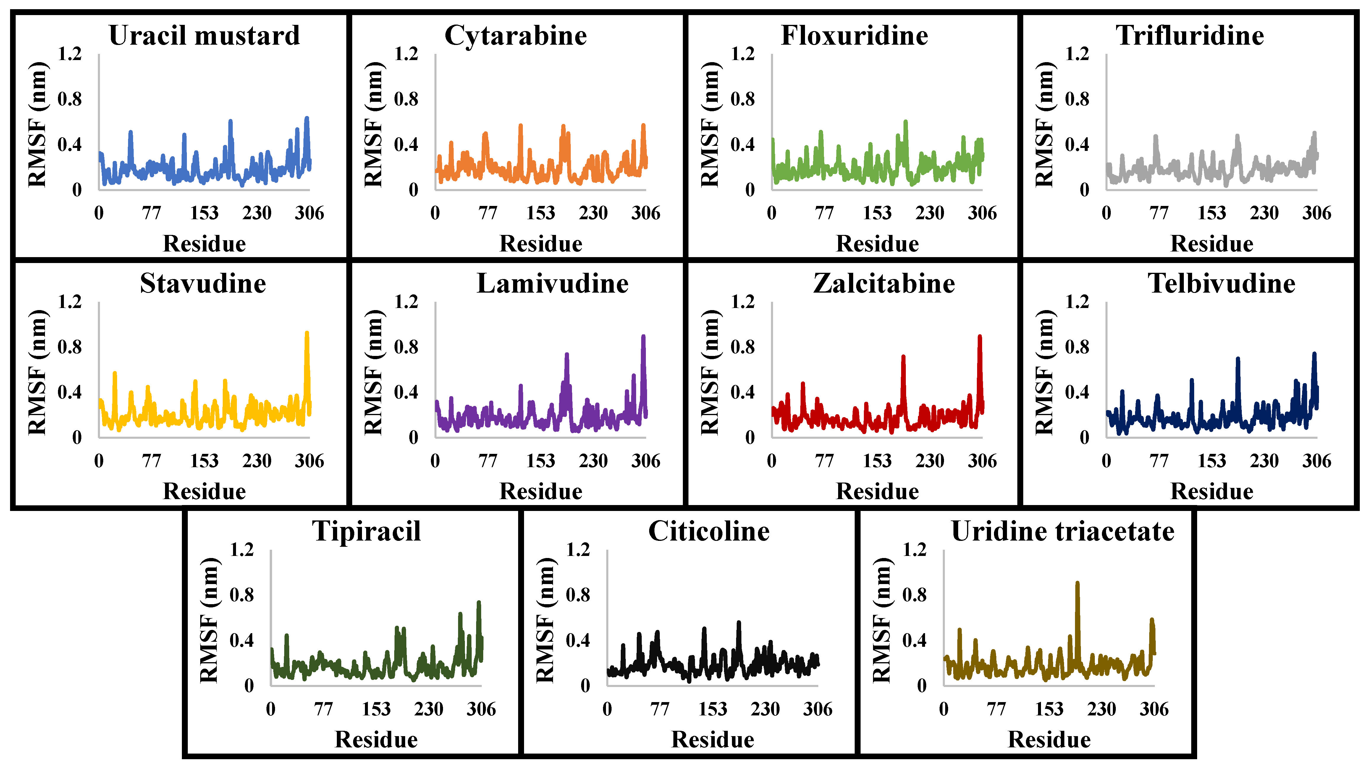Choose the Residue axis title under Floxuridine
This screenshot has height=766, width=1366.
(x=877, y=243)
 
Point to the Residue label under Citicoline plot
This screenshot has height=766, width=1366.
(x=712, y=739)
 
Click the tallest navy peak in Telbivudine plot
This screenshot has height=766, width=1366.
(x=1314, y=354)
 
